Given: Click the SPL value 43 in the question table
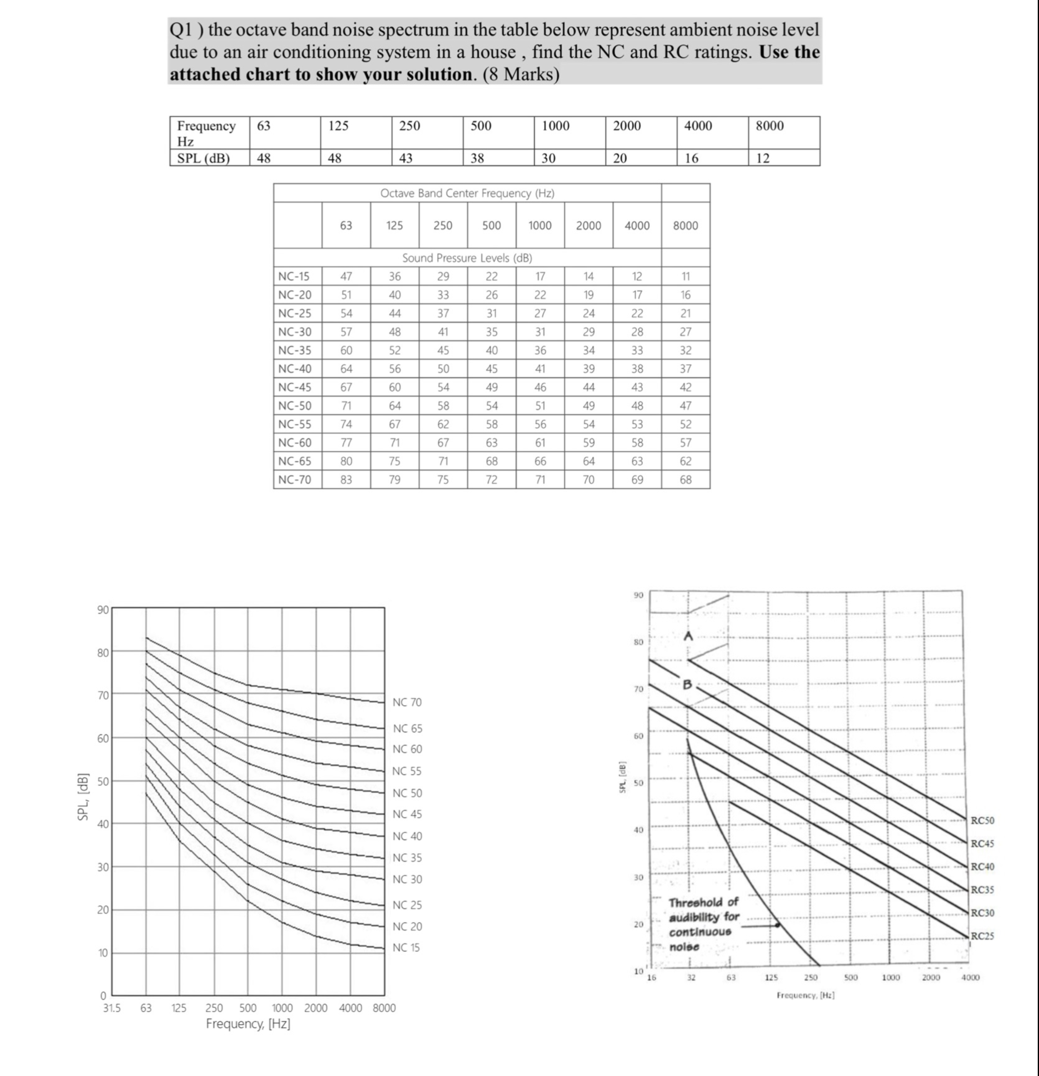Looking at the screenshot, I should point(406,159).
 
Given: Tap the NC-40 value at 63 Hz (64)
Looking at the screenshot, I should point(346,369).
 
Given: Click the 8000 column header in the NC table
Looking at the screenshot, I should point(685,226).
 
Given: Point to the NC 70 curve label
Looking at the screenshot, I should point(407,702).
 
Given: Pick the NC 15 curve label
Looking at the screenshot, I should point(406,948).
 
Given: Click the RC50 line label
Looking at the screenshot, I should point(982,821).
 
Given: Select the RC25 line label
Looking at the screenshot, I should point(982,936).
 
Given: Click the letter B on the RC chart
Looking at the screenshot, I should point(687,684).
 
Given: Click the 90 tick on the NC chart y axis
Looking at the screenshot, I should point(103,610).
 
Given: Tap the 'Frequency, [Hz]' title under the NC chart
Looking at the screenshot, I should point(248,1024).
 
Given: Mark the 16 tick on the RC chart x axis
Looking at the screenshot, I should point(651,978).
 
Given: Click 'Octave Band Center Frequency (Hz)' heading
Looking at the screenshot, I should point(467,193).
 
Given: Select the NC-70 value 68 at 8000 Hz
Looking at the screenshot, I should point(685,480).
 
